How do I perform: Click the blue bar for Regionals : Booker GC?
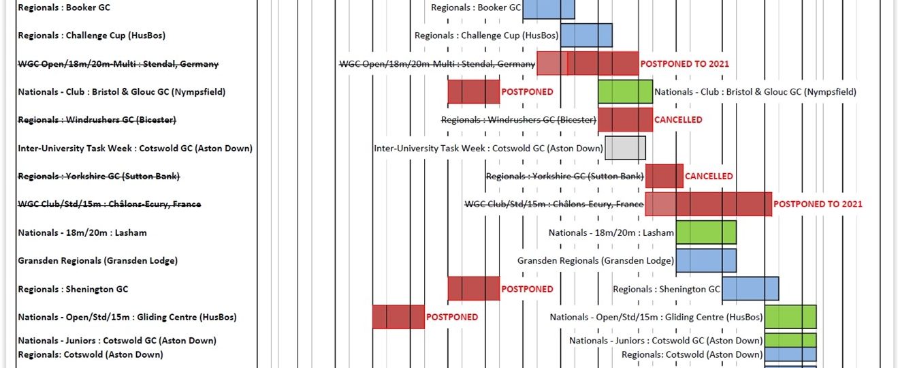pos(549,8)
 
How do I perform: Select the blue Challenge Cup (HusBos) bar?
pos(586,35)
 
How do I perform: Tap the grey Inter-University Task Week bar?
pos(625,148)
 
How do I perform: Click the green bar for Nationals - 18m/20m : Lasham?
pos(706,232)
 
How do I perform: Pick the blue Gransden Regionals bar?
pos(706,260)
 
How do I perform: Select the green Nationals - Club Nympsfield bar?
pos(625,91)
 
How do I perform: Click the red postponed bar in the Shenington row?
pos(473,288)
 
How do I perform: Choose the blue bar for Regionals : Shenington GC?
pos(750,289)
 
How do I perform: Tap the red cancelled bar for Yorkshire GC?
pos(664,176)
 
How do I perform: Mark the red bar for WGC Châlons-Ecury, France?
pos(708,204)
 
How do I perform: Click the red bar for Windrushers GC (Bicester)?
pos(625,119)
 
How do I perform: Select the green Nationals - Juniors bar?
pos(790,339)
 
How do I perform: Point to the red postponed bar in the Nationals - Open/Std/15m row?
pos(398,317)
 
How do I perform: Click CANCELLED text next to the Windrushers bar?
pos(678,120)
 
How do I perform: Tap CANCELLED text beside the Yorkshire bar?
pos(709,177)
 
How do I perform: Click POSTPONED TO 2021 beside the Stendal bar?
pos(684,63)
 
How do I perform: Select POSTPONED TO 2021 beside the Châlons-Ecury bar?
pos(818,204)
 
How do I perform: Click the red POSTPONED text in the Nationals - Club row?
pos(527,91)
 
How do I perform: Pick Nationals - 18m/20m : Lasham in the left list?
pos(82,232)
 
